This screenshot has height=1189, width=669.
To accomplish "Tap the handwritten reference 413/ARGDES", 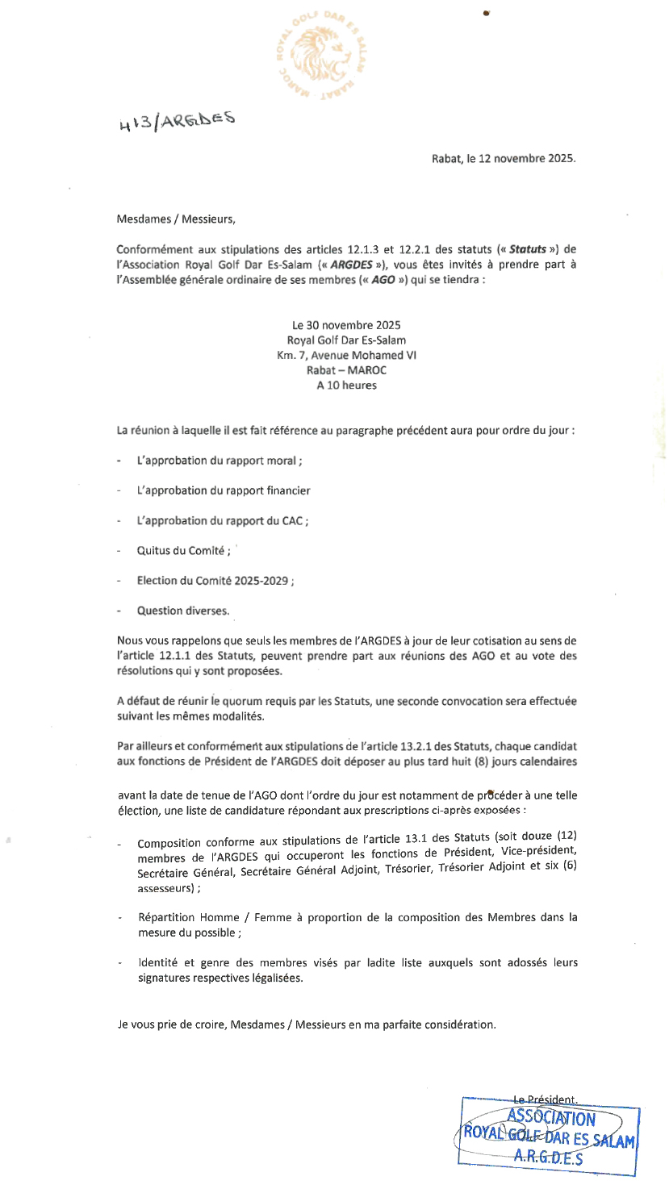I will (176, 121).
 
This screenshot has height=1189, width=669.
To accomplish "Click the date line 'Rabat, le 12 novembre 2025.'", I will (504, 159).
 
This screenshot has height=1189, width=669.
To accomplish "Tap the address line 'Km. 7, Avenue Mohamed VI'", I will (346, 355).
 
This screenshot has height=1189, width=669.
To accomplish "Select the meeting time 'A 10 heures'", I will (346, 385).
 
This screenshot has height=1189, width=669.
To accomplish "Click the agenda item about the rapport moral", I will (220, 461).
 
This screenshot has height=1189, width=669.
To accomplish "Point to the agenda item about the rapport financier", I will (224, 490).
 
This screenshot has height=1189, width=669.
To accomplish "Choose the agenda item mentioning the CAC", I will (222, 521).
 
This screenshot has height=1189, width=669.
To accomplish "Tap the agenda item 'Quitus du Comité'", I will (184, 551).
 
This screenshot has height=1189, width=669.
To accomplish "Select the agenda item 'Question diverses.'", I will (183, 611).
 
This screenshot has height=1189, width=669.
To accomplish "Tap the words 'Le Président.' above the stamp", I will (545, 1098).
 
